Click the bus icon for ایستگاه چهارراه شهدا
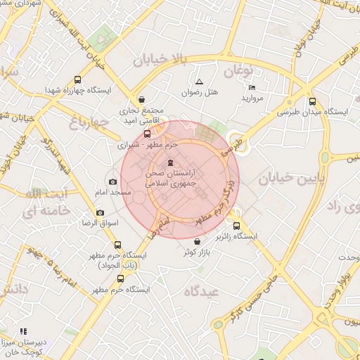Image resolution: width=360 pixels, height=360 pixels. tap(77, 80)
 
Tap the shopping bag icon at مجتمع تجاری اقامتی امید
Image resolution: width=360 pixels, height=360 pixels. tap(143, 99)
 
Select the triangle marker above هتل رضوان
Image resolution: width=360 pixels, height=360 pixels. tap(199, 82)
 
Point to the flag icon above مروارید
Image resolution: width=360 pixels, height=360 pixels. tap(252, 88)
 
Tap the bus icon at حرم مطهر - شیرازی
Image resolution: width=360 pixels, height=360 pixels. tap(147, 134)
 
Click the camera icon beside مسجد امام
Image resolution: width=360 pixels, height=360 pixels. tap(112, 181)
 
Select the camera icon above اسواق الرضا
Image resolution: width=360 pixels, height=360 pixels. tap(100, 212)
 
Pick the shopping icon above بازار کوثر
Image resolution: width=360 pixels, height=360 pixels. tap(205, 241)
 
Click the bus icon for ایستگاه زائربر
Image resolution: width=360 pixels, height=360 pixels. tap(236, 226)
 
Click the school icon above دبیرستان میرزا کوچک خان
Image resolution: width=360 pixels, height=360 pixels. tap(23, 330)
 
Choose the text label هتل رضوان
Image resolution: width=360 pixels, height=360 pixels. tap(200, 93)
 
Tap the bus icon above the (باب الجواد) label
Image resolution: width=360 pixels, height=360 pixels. tap(117, 245)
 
